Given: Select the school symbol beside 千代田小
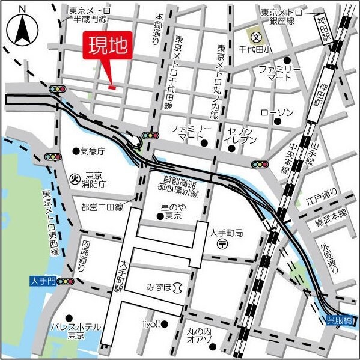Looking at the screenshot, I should point(255,36).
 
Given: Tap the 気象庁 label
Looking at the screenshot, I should point(93,150).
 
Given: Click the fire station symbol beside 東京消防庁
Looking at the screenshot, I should point(75,178).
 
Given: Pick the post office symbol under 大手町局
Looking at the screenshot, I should point(222,243).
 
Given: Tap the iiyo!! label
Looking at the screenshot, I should point(151,324).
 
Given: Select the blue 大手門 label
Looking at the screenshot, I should point(43,281).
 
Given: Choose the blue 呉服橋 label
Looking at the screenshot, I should point(339,319).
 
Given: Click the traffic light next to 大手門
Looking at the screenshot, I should point(64,281).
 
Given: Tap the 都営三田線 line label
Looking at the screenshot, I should point(102,207).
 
